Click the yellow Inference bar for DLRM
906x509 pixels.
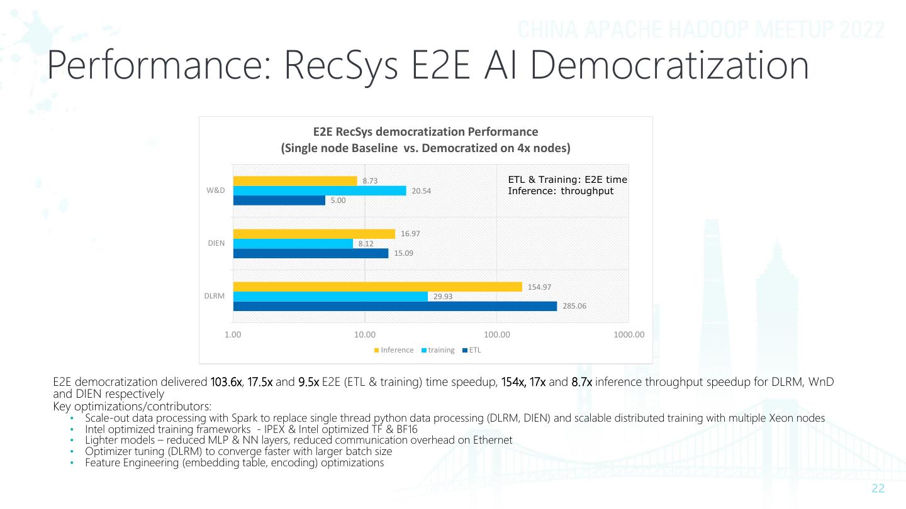(377, 287)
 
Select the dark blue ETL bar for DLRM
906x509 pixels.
(395, 306)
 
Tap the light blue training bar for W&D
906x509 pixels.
(320, 190)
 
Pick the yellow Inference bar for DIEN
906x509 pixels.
(314, 234)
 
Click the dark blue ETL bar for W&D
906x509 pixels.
(279, 200)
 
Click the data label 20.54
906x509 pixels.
(421, 191)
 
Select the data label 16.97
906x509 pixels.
(410, 234)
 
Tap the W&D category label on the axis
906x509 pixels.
(216, 190)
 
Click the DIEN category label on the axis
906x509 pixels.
(216, 243)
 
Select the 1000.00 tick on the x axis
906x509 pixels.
(629, 335)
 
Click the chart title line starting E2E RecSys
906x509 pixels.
(425, 132)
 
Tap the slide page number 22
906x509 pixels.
(878, 489)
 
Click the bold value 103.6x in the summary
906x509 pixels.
(226, 382)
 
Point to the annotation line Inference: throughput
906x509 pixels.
(560, 191)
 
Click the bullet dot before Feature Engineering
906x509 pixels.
(72, 463)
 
